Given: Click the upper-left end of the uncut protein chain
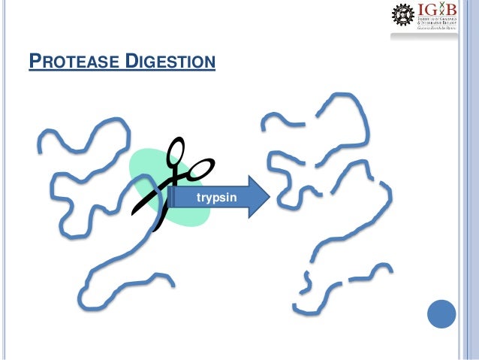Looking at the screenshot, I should point(42,139).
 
